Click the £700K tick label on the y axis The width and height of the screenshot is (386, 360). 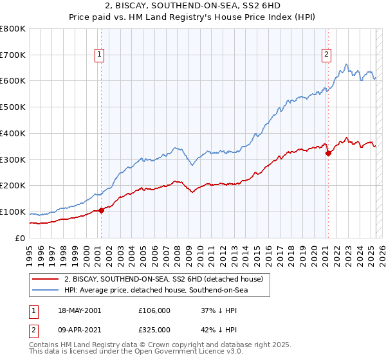click(13, 55)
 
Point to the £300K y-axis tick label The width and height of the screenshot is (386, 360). click(13, 159)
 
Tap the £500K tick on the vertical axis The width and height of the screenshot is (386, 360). click(13, 107)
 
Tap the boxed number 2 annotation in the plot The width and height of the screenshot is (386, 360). click(327, 55)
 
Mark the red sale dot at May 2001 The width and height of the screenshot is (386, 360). click(101, 210)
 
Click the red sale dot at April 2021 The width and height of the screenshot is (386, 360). click(327, 153)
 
